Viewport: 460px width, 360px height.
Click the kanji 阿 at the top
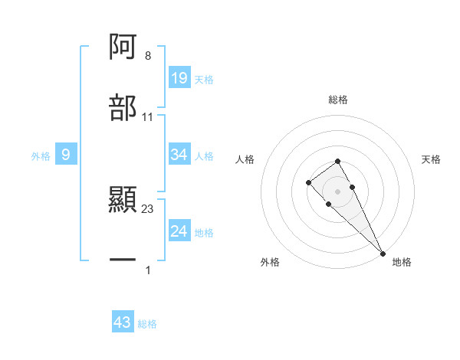tap(123, 47)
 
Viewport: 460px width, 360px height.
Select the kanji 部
tap(123, 108)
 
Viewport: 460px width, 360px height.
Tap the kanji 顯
tap(123, 200)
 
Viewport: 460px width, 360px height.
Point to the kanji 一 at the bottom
tap(123, 260)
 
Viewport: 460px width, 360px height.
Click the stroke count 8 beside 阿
tap(148, 56)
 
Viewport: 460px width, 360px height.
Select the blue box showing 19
tap(179, 78)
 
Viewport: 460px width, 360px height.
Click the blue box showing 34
tap(179, 155)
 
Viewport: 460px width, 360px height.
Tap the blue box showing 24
tap(179, 231)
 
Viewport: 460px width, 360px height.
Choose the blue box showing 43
tap(123, 322)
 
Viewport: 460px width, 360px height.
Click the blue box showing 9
tap(66, 155)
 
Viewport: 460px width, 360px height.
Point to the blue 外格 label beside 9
tap(41, 155)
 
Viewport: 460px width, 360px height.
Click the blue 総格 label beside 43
tap(147, 324)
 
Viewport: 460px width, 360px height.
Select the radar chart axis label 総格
tap(337, 100)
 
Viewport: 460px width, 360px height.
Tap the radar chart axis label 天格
tap(432, 159)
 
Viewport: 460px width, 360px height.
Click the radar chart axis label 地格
tap(402, 262)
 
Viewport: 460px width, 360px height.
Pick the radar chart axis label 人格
tap(245, 159)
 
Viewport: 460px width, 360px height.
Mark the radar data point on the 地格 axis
tap(383, 254)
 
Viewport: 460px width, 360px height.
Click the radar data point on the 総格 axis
tap(337, 161)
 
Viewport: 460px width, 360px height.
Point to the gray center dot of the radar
tap(337, 191)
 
